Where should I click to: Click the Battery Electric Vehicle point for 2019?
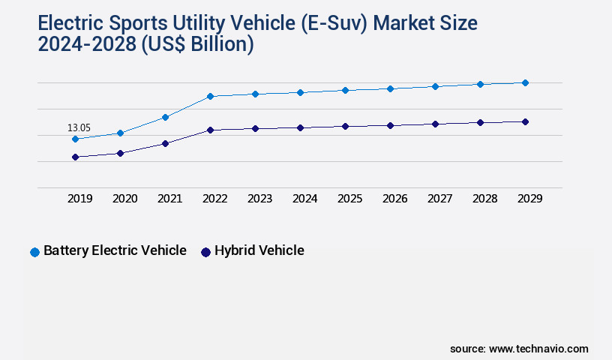click(75, 139)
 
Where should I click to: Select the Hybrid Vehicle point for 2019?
click(75, 157)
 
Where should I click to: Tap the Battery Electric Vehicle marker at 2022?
click(210, 96)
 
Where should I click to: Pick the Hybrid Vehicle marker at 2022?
click(210, 130)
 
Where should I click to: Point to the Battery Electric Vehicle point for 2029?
click(525, 82)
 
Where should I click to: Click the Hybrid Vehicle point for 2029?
click(525, 121)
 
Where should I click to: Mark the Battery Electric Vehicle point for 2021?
click(165, 117)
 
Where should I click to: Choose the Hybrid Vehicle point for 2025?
click(345, 126)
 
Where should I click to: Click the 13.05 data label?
click(79, 128)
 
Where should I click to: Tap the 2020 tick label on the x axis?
click(124, 199)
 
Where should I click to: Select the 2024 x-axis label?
click(304, 199)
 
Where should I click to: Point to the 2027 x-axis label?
click(439, 199)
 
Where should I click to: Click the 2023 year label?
click(259, 199)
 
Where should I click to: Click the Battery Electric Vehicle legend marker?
click(34, 252)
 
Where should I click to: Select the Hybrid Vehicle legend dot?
click(205, 252)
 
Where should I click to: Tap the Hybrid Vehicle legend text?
click(259, 250)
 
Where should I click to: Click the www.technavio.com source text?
click(538, 349)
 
